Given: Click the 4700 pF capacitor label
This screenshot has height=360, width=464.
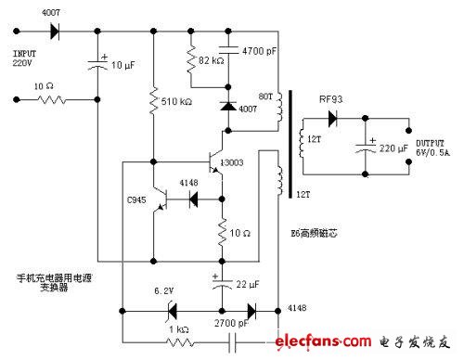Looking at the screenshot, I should tap(264, 53).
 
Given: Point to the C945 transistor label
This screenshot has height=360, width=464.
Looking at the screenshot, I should tap(139, 197).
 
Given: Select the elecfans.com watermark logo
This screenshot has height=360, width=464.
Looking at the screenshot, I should tap(371, 340).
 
